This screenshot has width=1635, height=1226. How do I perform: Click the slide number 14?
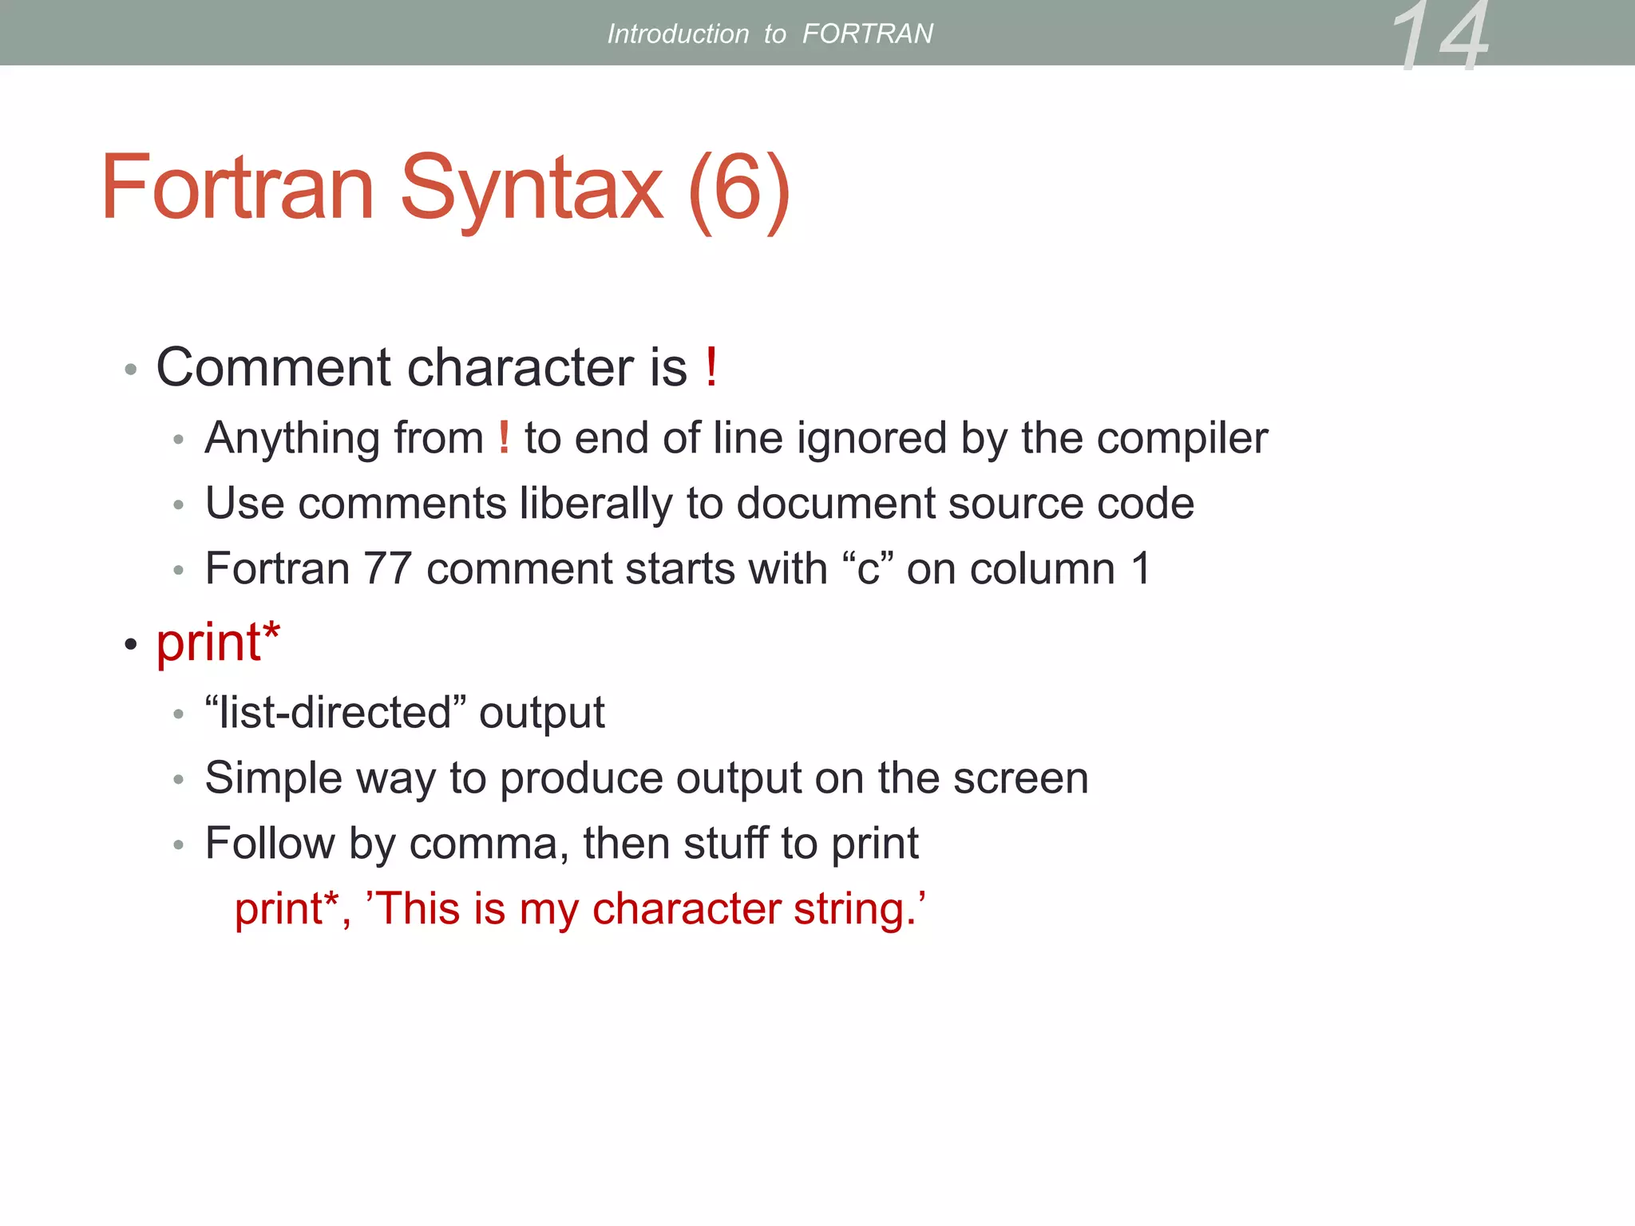coord(1441,36)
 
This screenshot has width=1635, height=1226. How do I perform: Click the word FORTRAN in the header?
coord(867,34)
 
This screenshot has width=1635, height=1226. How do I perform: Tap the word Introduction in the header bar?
coord(678,34)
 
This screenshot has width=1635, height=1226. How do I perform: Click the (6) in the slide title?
coord(738,190)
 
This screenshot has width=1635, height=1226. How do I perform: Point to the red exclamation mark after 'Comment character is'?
coord(711,367)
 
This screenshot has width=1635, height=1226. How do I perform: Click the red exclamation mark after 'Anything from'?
coord(504,437)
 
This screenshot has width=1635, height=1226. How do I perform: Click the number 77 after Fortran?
coord(387,569)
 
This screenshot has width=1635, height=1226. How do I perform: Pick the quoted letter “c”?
coord(868,569)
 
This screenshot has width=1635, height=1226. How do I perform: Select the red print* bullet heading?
coord(217,643)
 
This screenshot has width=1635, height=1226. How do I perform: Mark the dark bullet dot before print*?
coord(131,643)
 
